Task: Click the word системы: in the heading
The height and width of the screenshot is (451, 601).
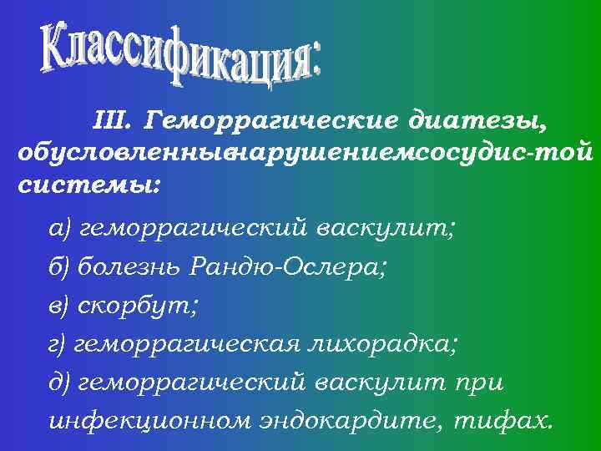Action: coord(84,184)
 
